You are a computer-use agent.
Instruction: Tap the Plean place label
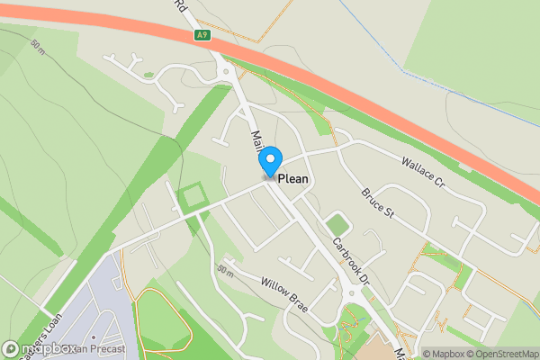293,179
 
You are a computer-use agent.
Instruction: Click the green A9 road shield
203,36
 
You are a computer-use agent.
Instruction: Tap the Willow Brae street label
285,294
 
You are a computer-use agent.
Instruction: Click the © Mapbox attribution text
443,354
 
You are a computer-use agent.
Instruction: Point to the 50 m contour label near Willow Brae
225,270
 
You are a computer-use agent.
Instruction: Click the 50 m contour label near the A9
37,47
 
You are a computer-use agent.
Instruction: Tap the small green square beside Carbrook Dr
337,224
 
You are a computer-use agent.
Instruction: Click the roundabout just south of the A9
226,67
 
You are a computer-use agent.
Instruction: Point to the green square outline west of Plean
191,195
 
